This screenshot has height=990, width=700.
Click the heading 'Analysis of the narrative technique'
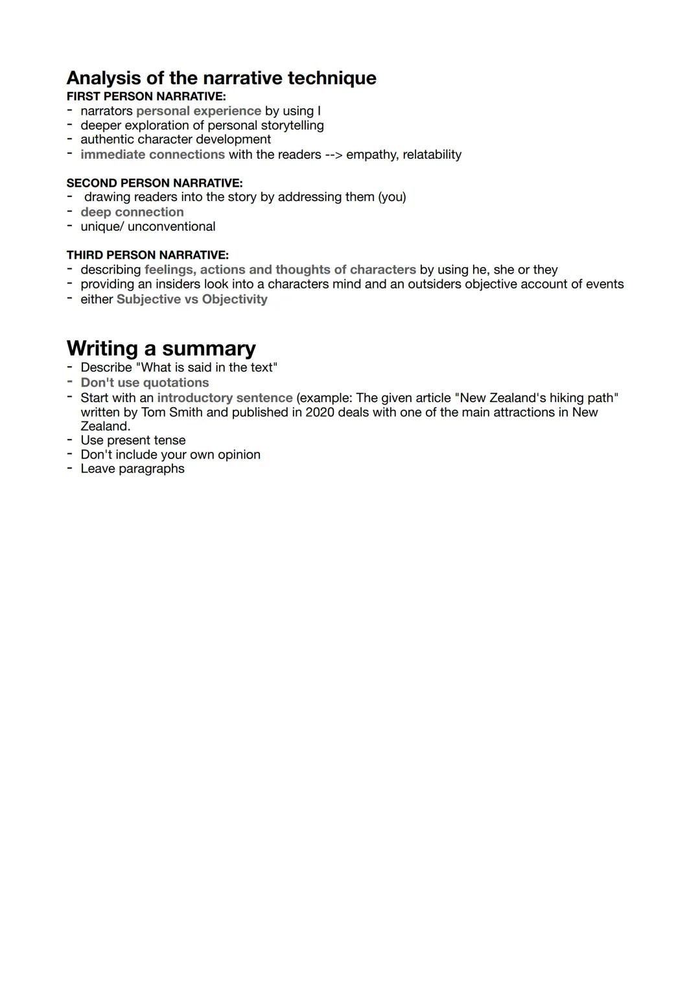pyautogui.click(x=221, y=78)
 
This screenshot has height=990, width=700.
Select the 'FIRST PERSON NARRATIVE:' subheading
pyautogui.click(x=146, y=97)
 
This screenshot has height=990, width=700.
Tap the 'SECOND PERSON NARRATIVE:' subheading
pyautogui.click(x=154, y=183)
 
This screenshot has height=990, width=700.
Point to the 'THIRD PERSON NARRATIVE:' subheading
pyautogui.click(x=147, y=255)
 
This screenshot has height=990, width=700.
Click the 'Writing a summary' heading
pyautogui.click(x=161, y=348)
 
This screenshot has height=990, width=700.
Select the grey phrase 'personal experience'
pyautogui.click(x=198, y=111)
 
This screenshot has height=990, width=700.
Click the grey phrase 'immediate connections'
pyautogui.click(x=152, y=154)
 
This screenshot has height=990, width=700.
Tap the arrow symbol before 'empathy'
pyautogui.click(x=333, y=154)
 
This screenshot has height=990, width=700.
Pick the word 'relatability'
pyautogui.click(x=432, y=154)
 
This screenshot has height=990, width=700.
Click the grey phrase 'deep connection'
pyautogui.click(x=132, y=212)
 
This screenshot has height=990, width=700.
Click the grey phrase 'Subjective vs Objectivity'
pyautogui.click(x=192, y=299)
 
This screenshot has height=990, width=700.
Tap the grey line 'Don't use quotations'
pyautogui.click(x=145, y=383)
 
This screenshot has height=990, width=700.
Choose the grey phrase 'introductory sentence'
pyautogui.click(x=224, y=397)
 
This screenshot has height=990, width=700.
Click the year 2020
pyautogui.click(x=320, y=412)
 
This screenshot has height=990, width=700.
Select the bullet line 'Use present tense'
pyautogui.click(x=133, y=440)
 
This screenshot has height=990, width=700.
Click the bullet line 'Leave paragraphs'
pyautogui.click(x=132, y=469)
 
